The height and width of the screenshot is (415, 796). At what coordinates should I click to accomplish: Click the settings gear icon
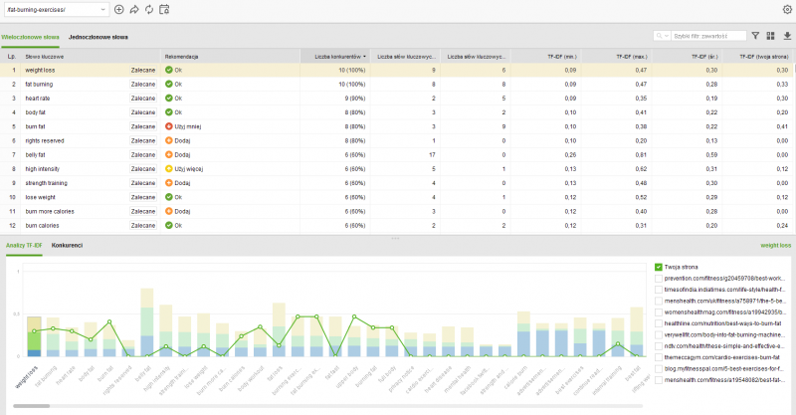click(x=787, y=9)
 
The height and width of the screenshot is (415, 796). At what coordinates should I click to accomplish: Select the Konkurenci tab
click(x=67, y=245)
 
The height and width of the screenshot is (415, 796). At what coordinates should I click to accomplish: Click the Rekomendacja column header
click(x=183, y=57)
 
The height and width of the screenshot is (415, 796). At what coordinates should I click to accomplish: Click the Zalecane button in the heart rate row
click(x=142, y=99)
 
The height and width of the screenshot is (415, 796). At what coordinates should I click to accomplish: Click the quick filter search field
click(x=706, y=36)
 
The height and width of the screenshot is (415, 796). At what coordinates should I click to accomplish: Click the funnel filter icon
click(x=755, y=36)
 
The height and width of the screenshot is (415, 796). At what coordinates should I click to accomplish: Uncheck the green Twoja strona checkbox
click(x=659, y=267)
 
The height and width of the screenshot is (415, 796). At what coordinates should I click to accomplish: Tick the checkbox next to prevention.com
click(x=659, y=279)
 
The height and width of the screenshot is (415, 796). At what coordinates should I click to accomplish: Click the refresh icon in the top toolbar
click(x=148, y=9)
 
